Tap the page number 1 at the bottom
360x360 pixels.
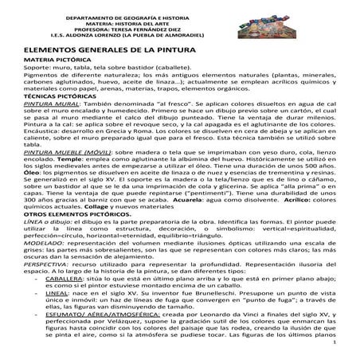336,353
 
